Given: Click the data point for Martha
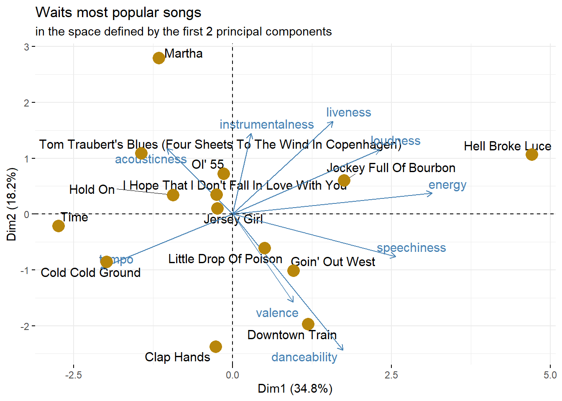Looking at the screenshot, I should pyautogui.click(x=159, y=58).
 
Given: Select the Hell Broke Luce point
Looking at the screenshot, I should pyautogui.click(x=531, y=155).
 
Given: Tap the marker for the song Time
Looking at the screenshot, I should pyautogui.click(x=59, y=226).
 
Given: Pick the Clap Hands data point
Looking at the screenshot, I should pyautogui.click(x=216, y=346).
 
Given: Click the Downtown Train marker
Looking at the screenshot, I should pyautogui.click(x=308, y=324).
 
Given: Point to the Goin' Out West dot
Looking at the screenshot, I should pyautogui.click(x=294, y=271).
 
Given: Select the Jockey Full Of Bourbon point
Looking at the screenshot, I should pyautogui.click(x=344, y=180).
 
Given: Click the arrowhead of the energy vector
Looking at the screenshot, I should pyautogui.click(x=432, y=193).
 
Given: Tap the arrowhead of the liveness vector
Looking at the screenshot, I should pyautogui.click(x=333, y=122).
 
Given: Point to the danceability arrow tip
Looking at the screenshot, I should pyautogui.click(x=343, y=350).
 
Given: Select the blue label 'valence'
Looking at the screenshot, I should pyautogui.click(x=277, y=313).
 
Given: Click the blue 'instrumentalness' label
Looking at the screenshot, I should pyautogui.click(x=267, y=124).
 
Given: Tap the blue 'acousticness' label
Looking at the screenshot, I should pyautogui.click(x=151, y=159).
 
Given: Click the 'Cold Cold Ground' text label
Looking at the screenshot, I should pyautogui.click(x=91, y=273).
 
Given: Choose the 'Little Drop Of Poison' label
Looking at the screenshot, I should pyautogui.click(x=225, y=259).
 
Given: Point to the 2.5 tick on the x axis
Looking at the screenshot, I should pyautogui.click(x=391, y=375).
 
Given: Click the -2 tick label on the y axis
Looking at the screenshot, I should pyautogui.click(x=26, y=326).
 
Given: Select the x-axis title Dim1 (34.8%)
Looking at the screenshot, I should pyautogui.click(x=295, y=388).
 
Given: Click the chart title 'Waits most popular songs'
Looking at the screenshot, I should pyautogui.click(x=118, y=13).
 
